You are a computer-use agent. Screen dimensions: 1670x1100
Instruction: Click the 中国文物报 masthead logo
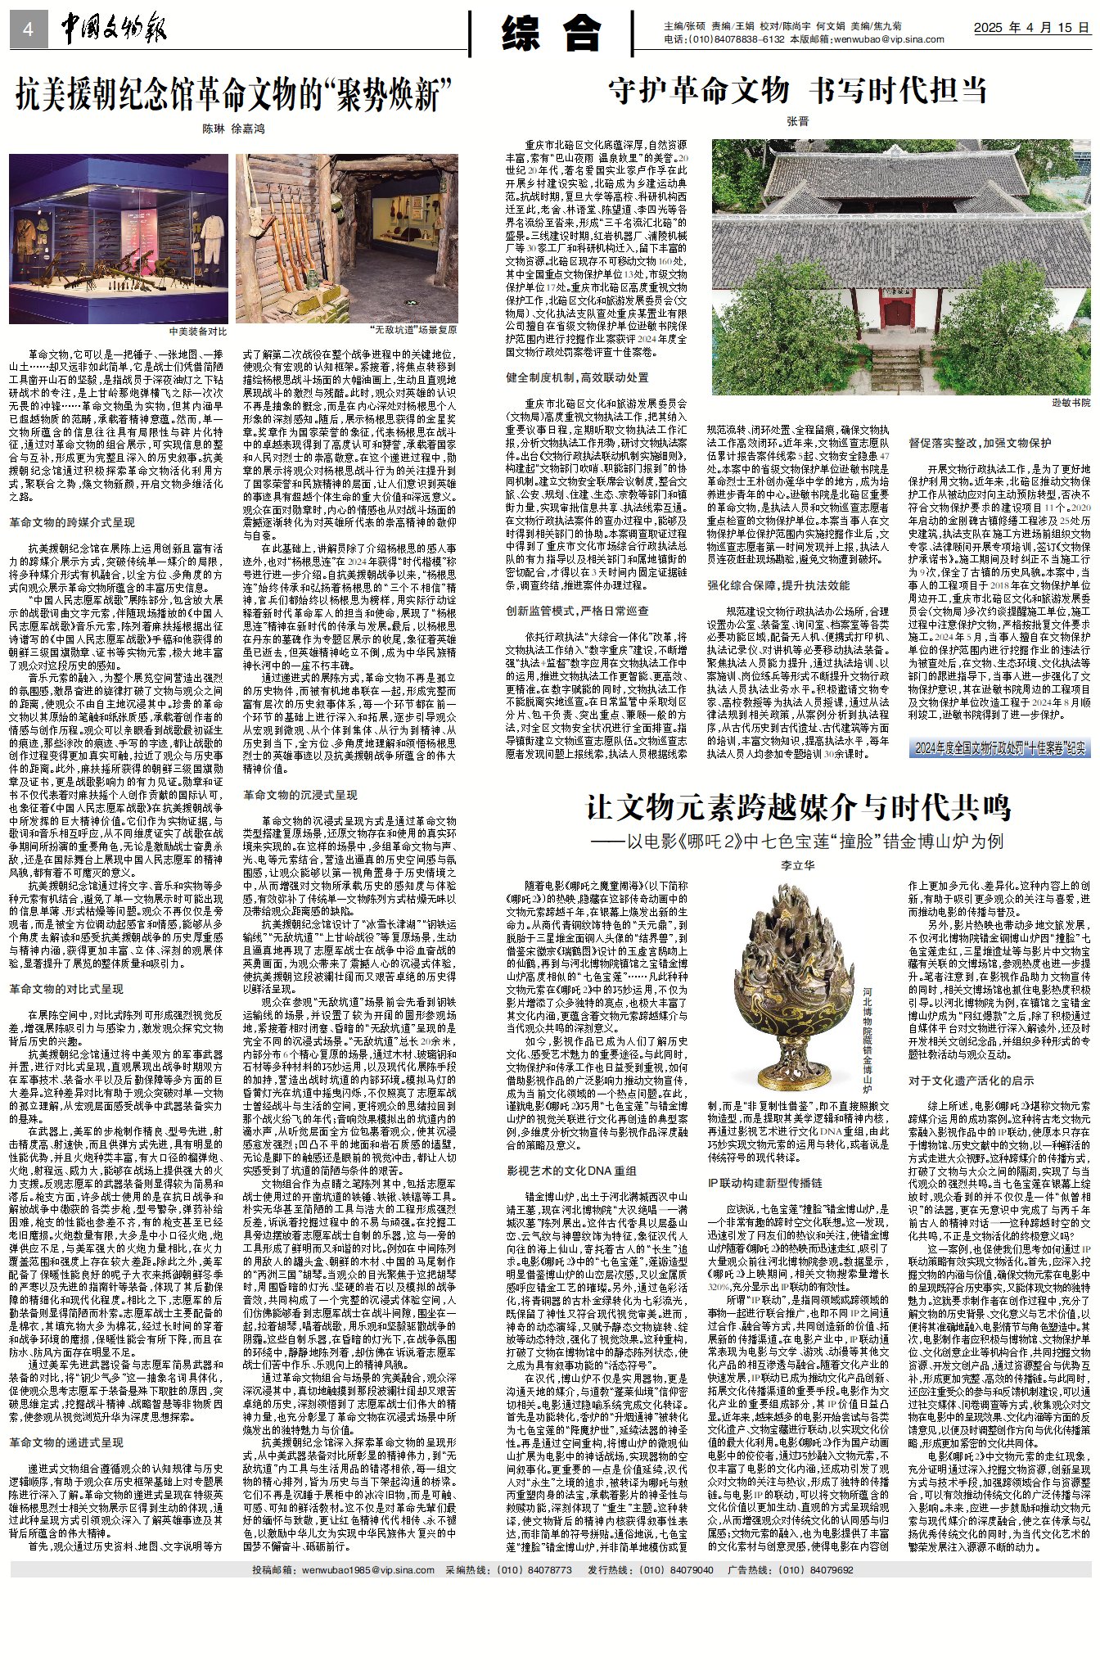pos(114,30)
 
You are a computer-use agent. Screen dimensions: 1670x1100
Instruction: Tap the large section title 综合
pos(552,33)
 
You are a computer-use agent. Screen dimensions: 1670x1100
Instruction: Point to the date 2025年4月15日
pos(1031,27)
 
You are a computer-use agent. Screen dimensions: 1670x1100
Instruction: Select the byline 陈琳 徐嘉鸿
pos(234,129)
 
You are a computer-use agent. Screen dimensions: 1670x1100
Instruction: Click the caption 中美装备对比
pos(197,332)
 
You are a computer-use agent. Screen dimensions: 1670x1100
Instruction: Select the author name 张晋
pos(797,120)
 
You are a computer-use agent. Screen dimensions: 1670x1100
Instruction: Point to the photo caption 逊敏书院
pos(1071,404)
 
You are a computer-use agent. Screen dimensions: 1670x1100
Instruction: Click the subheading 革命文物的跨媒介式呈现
pos(72,522)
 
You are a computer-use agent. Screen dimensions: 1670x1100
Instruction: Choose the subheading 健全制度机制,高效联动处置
pos(577,377)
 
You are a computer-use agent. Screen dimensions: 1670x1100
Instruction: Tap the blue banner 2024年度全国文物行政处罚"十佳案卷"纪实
pos(999,747)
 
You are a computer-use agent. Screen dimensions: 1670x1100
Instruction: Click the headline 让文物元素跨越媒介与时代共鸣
pos(798,808)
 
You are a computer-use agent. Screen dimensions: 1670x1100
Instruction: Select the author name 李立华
pos(797,865)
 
